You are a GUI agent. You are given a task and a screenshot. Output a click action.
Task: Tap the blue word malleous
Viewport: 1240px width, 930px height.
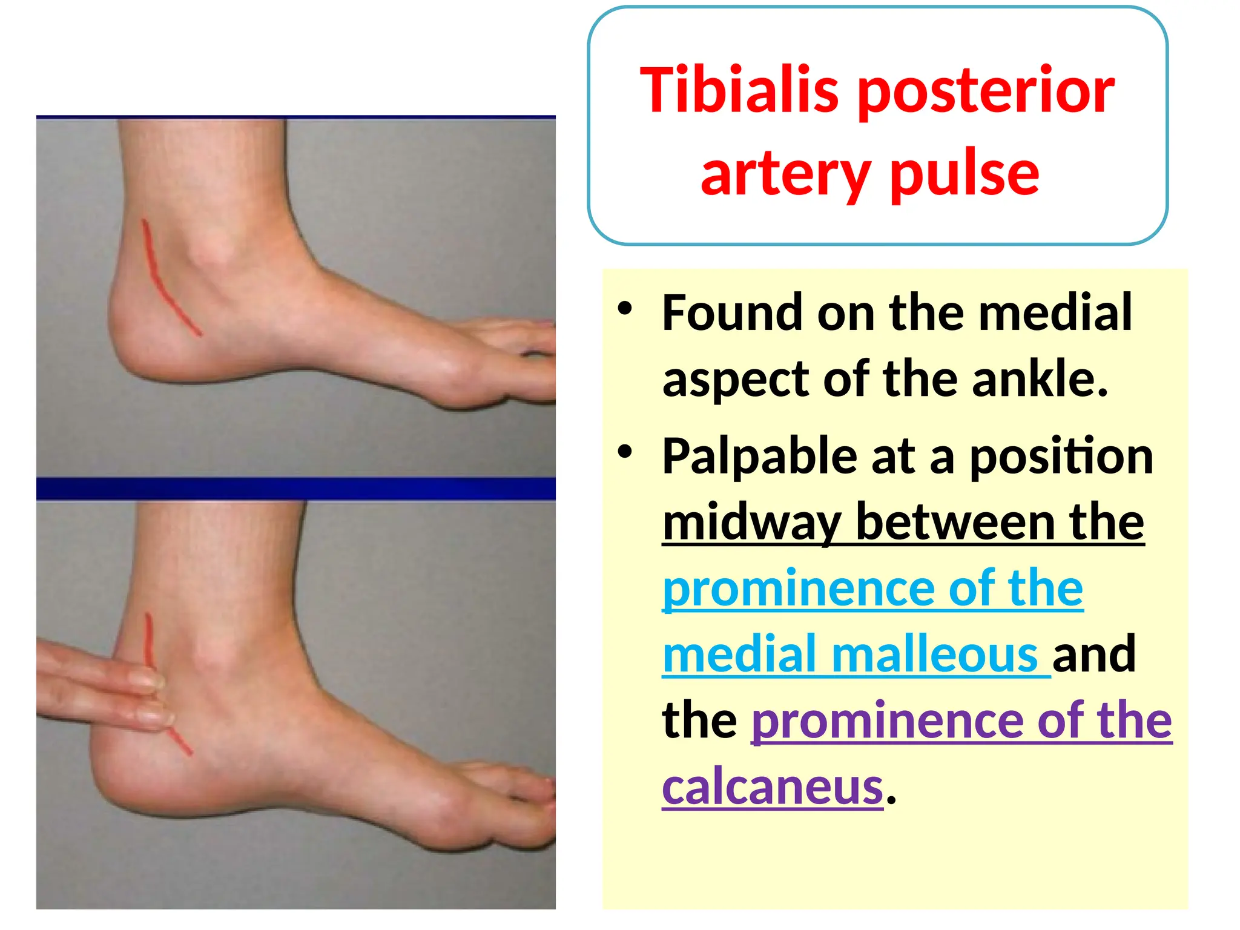tap(935, 655)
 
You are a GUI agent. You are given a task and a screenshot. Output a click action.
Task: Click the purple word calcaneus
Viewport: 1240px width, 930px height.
tap(773, 787)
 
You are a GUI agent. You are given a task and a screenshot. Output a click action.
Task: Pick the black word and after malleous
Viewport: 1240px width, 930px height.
tap(1093, 655)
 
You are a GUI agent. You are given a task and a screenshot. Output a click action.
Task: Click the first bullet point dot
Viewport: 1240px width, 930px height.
tap(625, 309)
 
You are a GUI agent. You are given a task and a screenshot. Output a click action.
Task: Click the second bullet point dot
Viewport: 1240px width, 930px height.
tap(625, 452)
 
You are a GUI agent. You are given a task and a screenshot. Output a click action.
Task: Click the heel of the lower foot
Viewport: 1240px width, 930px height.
tap(115, 763)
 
